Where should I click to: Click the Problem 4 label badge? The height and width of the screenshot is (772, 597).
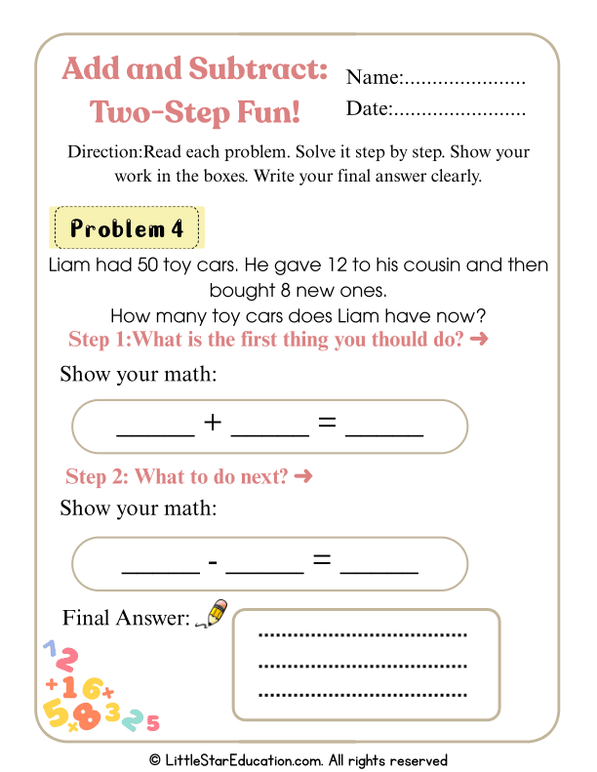(x=127, y=229)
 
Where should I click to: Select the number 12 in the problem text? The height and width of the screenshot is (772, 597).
(x=311, y=265)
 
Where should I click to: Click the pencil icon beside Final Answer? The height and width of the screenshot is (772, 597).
(x=211, y=614)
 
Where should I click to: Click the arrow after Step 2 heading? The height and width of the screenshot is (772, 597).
(x=302, y=477)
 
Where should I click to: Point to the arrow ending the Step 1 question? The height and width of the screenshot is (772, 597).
(x=478, y=340)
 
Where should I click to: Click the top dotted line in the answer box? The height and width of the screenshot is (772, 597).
(x=363, y=635)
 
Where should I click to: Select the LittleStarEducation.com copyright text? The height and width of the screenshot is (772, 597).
(x=298, y=760)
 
